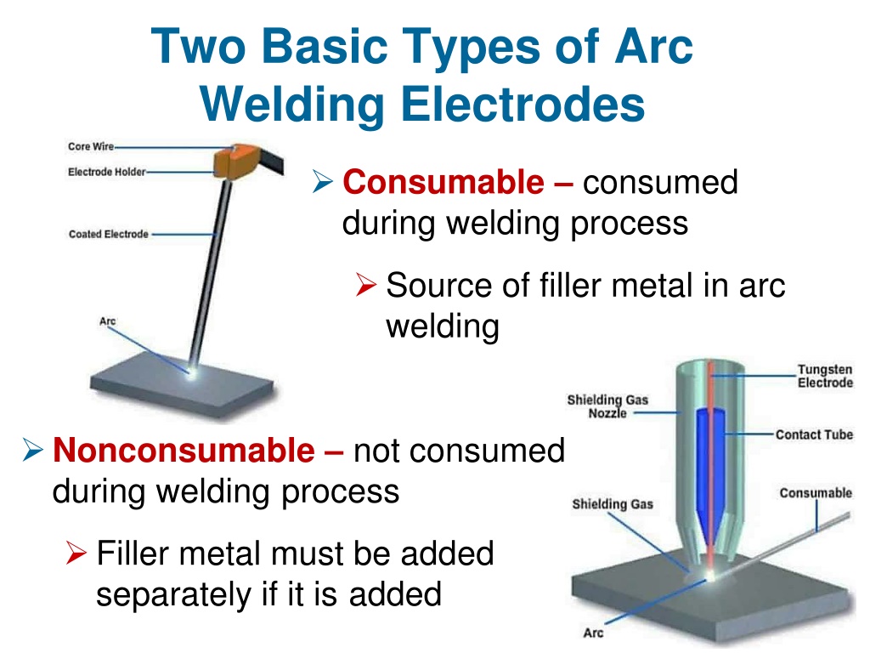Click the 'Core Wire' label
[x=90, y=146]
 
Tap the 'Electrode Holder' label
[x=106, y=172]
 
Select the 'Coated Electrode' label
[x=109, y=235]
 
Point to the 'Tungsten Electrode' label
[x=825, y=376]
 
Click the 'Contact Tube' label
[x=814, y=434]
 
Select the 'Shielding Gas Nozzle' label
[x=607, y=406]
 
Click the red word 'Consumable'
[x=443, y=182]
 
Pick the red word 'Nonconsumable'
[x=184, y=450]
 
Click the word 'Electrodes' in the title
[x=523, y=105]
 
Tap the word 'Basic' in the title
[x=325, y=46]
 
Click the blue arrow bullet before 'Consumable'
[x=322, y=182]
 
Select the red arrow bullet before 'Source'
[x=366, y=284]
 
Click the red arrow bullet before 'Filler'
[x=76, y=553]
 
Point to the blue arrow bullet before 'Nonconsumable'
[x=33, y=450]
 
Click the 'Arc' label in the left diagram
[x=108, y=321]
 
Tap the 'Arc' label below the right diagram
[x=593, y=633]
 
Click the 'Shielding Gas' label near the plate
[x=613, y=504]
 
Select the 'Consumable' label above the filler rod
[x=816, y=493]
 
